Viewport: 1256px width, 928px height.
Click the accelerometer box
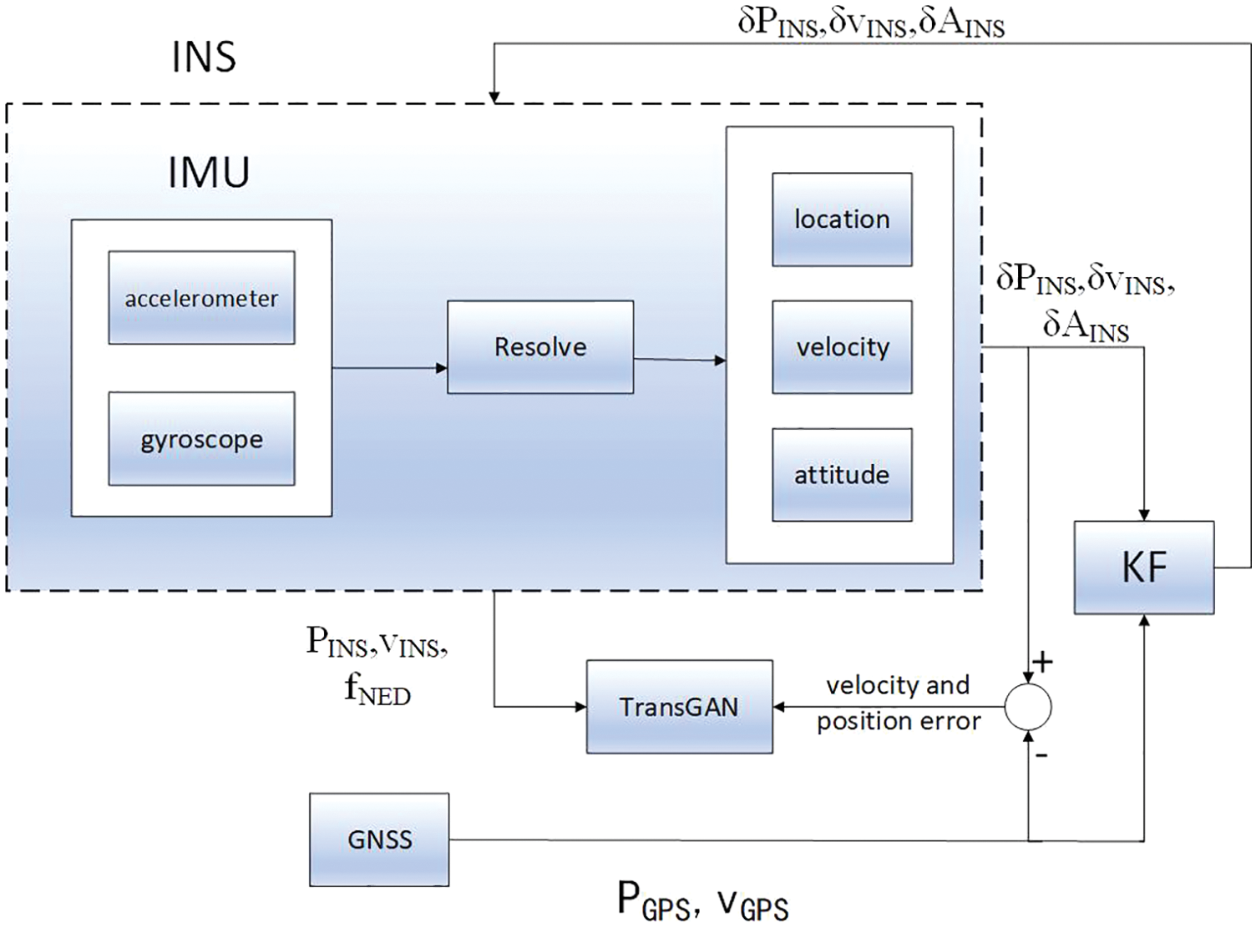201,298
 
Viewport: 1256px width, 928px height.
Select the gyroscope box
201,439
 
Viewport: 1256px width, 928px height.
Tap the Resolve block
540,347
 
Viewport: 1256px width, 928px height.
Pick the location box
842,219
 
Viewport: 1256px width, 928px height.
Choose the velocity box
842,347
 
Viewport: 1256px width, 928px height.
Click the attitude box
842,475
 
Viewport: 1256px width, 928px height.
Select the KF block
1144,567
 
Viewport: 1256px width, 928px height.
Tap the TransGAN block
679,707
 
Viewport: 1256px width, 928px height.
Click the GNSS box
379,840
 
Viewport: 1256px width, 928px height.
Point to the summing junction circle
1027,707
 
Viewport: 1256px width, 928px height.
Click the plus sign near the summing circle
1043,663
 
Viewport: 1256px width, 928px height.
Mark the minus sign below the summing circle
1041,755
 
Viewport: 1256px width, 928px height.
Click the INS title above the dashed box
204,57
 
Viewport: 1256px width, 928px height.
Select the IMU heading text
209,172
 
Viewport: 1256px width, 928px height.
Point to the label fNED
377,689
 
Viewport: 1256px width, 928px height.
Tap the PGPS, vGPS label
702,901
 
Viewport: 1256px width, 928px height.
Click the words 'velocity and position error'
898,703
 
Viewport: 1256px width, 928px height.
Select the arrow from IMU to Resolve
389,367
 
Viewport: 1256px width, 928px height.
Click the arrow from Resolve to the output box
679,360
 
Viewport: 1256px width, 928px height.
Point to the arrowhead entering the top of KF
1144,514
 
